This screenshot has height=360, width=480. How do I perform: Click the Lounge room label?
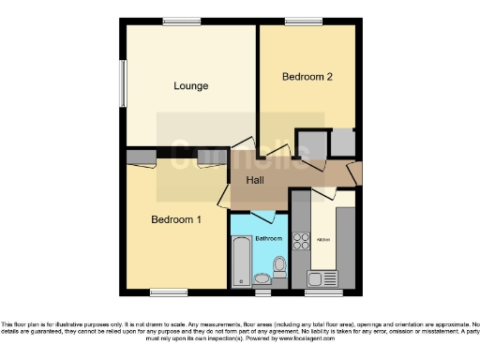point(190,86)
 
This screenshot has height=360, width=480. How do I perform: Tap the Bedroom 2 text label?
point(307,77)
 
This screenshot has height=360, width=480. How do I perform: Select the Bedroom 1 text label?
point(176,220)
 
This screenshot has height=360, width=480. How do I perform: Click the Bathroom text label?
point(269,238)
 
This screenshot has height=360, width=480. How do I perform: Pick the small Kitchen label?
point(322,240)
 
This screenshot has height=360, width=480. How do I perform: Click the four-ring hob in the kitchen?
point(301,241)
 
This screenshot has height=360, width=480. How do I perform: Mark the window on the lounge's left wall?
point(120,86)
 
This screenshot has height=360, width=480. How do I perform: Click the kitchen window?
point(330,292)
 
